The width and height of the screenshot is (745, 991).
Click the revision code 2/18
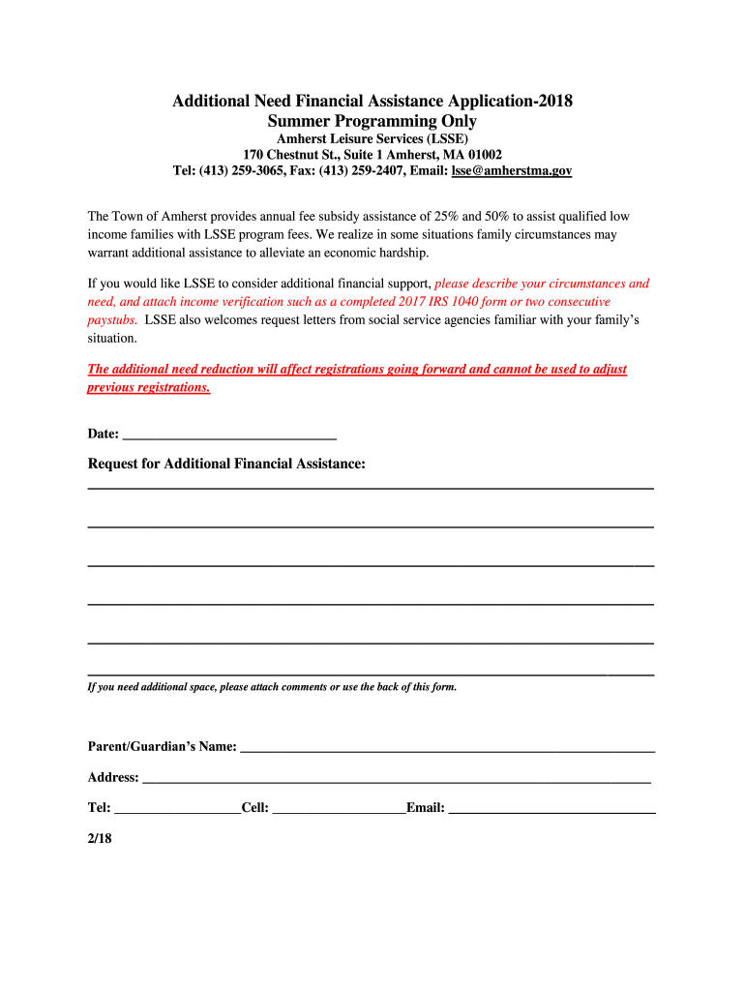click(x=101, y=839)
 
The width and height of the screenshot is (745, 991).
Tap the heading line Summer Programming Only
click(x=372, y=121)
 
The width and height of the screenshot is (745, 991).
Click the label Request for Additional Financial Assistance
click(x=226, y=465)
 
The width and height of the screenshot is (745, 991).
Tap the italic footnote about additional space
click(x=272, y=687)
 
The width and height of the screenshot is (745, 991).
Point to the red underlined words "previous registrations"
click(x=148, y=387)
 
